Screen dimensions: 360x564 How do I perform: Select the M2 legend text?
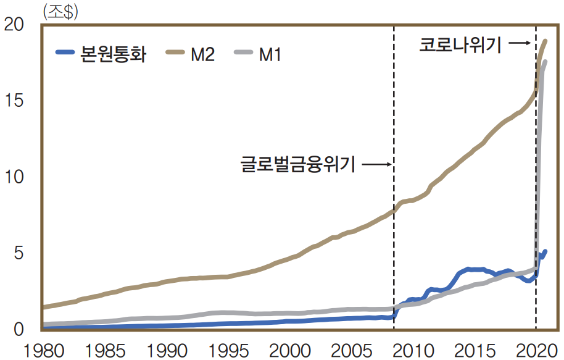[203, 55]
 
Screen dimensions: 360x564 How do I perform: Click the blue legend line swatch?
[65, 55]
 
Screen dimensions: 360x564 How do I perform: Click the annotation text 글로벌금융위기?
[297, 165]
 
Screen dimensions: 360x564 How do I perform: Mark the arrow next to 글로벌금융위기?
[376, 165]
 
